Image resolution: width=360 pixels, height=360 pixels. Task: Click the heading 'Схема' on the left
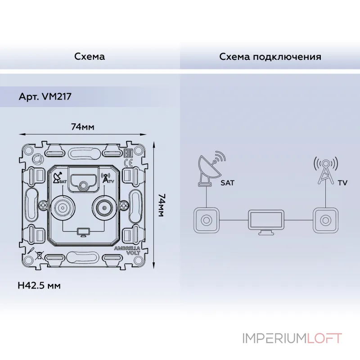[90, 57]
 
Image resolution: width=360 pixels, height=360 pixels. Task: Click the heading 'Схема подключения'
[270, 57]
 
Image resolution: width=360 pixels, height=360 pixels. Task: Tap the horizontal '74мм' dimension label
[82, 127]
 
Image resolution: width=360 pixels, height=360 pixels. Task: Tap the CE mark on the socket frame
[127, 163]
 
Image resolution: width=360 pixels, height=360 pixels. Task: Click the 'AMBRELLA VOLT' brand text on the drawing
[128, 251]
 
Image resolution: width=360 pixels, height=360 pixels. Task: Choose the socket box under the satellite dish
[206, 220]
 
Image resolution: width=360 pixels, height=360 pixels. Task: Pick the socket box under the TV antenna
[324, 220]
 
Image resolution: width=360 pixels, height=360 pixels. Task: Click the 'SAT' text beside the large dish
[227, 183]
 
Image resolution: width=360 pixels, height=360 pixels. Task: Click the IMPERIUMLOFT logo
[292, 338]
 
